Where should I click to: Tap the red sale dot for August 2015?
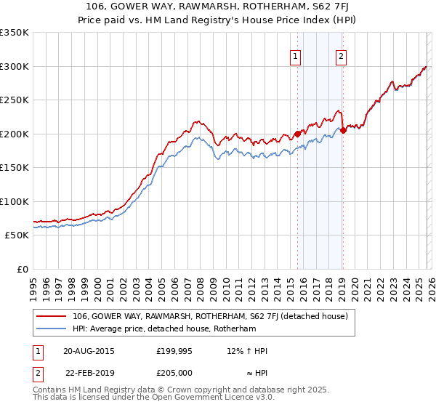(x=297, y=134)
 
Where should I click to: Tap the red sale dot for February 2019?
(x=343, y=130)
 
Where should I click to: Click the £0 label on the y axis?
(x=22, y=269)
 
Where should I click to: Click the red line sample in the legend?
(x=52, y=316)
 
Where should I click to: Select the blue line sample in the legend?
(x=52, y=329)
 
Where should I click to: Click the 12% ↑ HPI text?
(x=247, y=351)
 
